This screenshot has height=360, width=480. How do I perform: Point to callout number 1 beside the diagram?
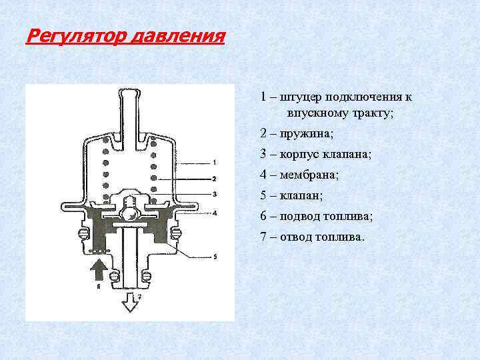(x=215, y=162)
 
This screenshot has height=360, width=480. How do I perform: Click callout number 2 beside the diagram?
(x=215, y=179)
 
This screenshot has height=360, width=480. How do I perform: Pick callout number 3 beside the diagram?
(x=215, y=194)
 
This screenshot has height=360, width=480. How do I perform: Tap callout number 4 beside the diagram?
(x=215, y=213)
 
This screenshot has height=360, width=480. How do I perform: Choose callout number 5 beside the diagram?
(x=215, y=256)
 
